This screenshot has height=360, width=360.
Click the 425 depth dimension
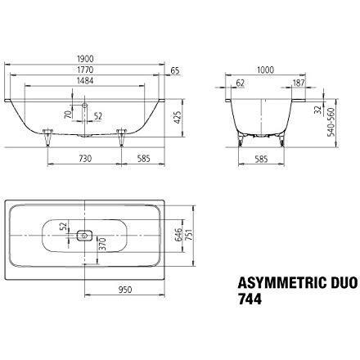(x=175, y=116)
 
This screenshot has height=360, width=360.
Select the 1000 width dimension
(x=265, y=71)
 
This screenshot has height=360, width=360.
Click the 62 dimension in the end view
(x=240, y=82)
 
